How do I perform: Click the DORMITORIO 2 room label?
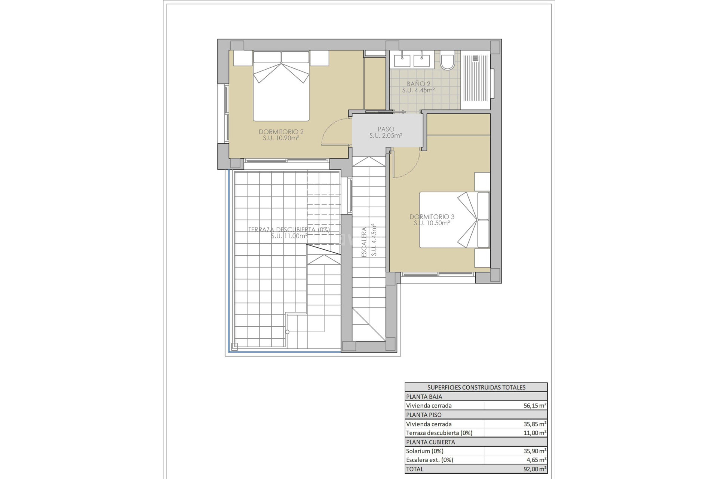tap(281, 132)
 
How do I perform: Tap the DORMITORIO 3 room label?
tap(432, 217)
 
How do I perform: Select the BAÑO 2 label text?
tap(418, 84)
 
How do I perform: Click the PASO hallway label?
tap(386, 129)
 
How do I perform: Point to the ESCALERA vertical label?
tap(364, 242)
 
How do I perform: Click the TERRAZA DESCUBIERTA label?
tap(289, 229)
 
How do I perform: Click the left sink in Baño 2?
tap(402, 60)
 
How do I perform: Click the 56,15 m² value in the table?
tap(534, 406)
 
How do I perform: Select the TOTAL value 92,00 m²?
tap(534, 469)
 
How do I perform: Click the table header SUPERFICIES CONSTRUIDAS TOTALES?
tap(476, 387)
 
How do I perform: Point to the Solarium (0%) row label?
tap(424, 451)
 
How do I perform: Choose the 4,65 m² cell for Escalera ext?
tap(536, 460)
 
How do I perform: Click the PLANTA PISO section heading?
tap(424, 415)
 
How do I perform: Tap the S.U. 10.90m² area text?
tap(280, 138)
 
